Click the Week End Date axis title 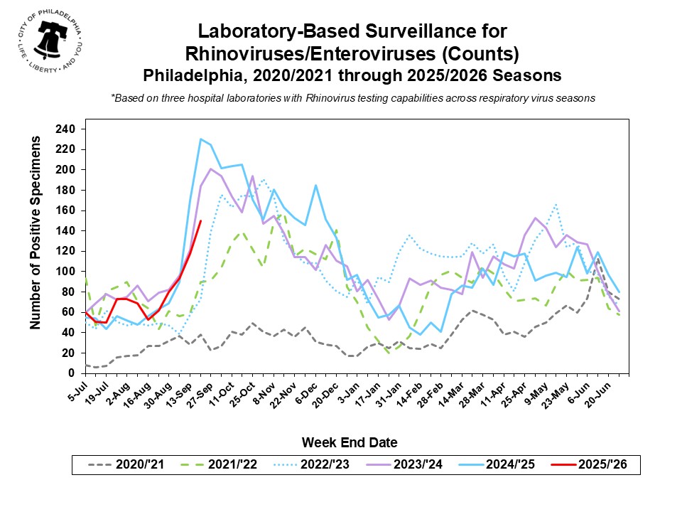pos(349,442)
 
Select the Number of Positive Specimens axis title pos(35,235)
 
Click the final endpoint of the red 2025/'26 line pos(201,220)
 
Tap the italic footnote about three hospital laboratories pos(352,97)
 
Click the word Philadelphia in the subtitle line pos(187,75)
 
